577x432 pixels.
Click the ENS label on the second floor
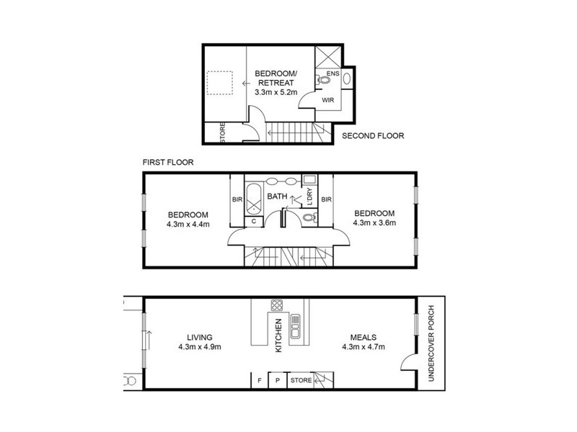coord(332,74)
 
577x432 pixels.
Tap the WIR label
coord(327,100)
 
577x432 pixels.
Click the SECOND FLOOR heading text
coord(373,135)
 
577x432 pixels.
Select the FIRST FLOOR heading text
coord(168,163)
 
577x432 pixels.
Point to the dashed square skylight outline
coord(222,83)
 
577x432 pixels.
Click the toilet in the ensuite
coord(320,80)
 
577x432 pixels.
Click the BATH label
coord(278,196)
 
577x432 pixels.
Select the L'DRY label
coord(309,197)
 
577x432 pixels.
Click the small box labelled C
coord(255,222)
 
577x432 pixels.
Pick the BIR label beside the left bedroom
coord(236,199)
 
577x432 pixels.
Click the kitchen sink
coord(295,328)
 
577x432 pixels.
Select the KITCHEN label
coord(278,335)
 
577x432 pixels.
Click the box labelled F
coord(258,380)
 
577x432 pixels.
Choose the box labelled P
coord(278,380)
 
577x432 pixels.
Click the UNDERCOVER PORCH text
coord(432,343)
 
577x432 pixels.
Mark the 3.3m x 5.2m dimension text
coord(278,92)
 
